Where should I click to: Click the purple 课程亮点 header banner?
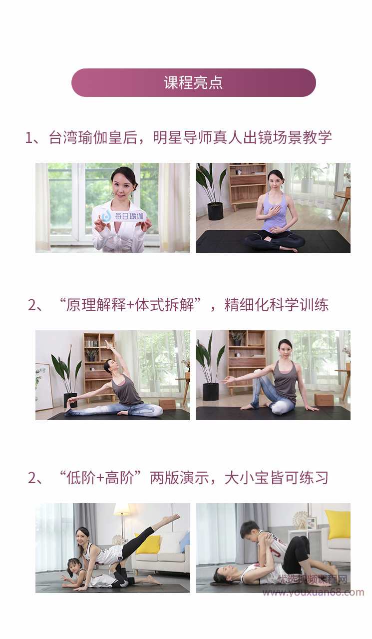point(193,82)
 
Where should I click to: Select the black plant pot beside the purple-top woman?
point(215,211)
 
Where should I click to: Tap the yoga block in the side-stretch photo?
point(167,404)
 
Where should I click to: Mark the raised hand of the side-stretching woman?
point(107,344)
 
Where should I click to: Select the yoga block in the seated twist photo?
point(324,399)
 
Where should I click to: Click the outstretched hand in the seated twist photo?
point(228,380)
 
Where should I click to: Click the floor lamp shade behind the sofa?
point(122,509)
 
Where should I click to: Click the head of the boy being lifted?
point(249,530)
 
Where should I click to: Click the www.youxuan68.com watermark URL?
point(313,593)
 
